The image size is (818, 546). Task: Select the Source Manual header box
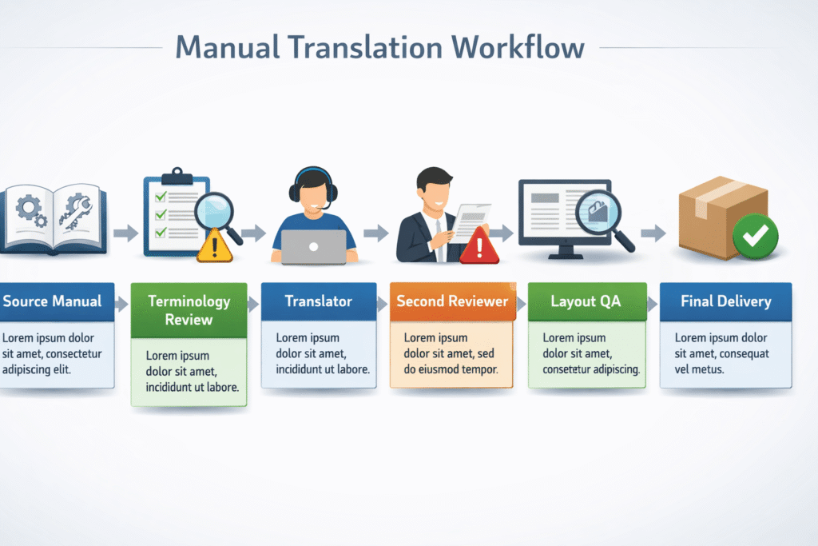53,301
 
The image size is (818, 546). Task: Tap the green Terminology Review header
189,310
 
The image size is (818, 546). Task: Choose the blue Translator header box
318,301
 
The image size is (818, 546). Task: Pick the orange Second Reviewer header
452,301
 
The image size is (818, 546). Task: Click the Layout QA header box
586,301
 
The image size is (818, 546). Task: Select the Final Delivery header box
725,301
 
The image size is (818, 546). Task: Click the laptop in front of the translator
314,246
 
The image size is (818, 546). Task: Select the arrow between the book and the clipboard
125,233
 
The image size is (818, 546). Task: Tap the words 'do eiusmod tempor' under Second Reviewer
451,369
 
